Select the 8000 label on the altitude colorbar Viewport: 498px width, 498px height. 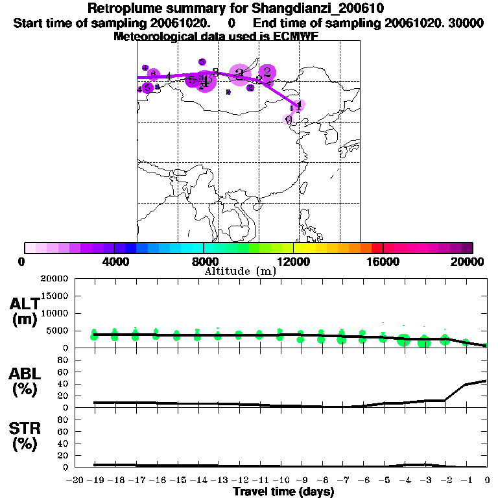pos(204,261)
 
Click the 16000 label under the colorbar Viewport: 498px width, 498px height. pos(383,261)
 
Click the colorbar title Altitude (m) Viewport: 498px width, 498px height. pos(240,272)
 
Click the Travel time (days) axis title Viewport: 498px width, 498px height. pos(283,492)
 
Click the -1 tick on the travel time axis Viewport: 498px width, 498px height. pos(466,480)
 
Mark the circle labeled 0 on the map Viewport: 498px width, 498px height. pos(289,119)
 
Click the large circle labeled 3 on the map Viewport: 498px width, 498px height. pos(239,75)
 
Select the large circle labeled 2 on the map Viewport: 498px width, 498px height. pos(267,73)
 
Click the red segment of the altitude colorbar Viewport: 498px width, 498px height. pos(377,248)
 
